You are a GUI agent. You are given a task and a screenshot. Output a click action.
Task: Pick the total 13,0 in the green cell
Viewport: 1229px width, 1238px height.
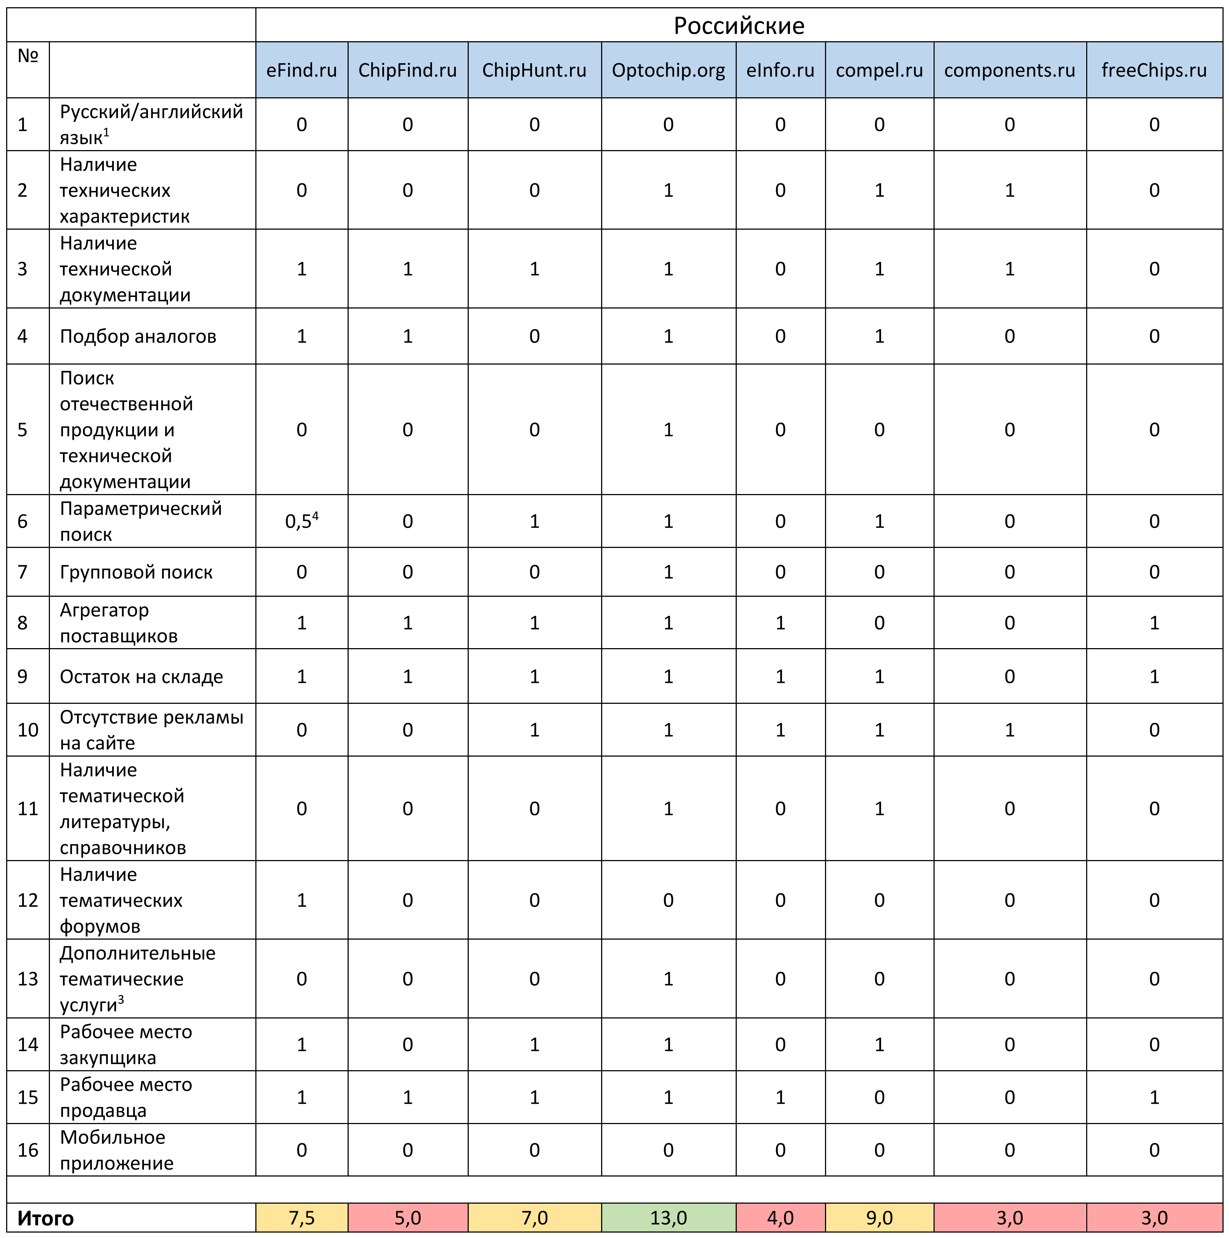pyautogui.click(x=668, y=1217)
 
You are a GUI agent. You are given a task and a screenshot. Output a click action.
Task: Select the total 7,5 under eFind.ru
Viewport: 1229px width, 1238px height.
pyautogui.click(x=301, y=1217)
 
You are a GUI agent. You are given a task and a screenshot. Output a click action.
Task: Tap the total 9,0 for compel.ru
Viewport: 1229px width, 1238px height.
pyautogui.click(x=879, y=1217)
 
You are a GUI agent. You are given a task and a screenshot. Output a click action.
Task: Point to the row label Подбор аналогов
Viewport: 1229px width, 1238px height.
pyautogui.click(x=138, y=336)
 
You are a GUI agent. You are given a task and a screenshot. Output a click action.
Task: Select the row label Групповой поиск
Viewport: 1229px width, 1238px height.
pyautogui.click(x=136, y=572)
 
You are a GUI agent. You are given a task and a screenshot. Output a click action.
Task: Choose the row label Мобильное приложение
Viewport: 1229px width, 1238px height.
pyautogui.click(x=116, y=1150)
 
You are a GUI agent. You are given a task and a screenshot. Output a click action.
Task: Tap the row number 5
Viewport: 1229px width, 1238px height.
pyautogui.click(x=22, y=430)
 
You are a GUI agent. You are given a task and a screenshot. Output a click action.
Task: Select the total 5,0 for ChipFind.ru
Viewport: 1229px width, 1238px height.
pyautogui.click(x=408, y=1217)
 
